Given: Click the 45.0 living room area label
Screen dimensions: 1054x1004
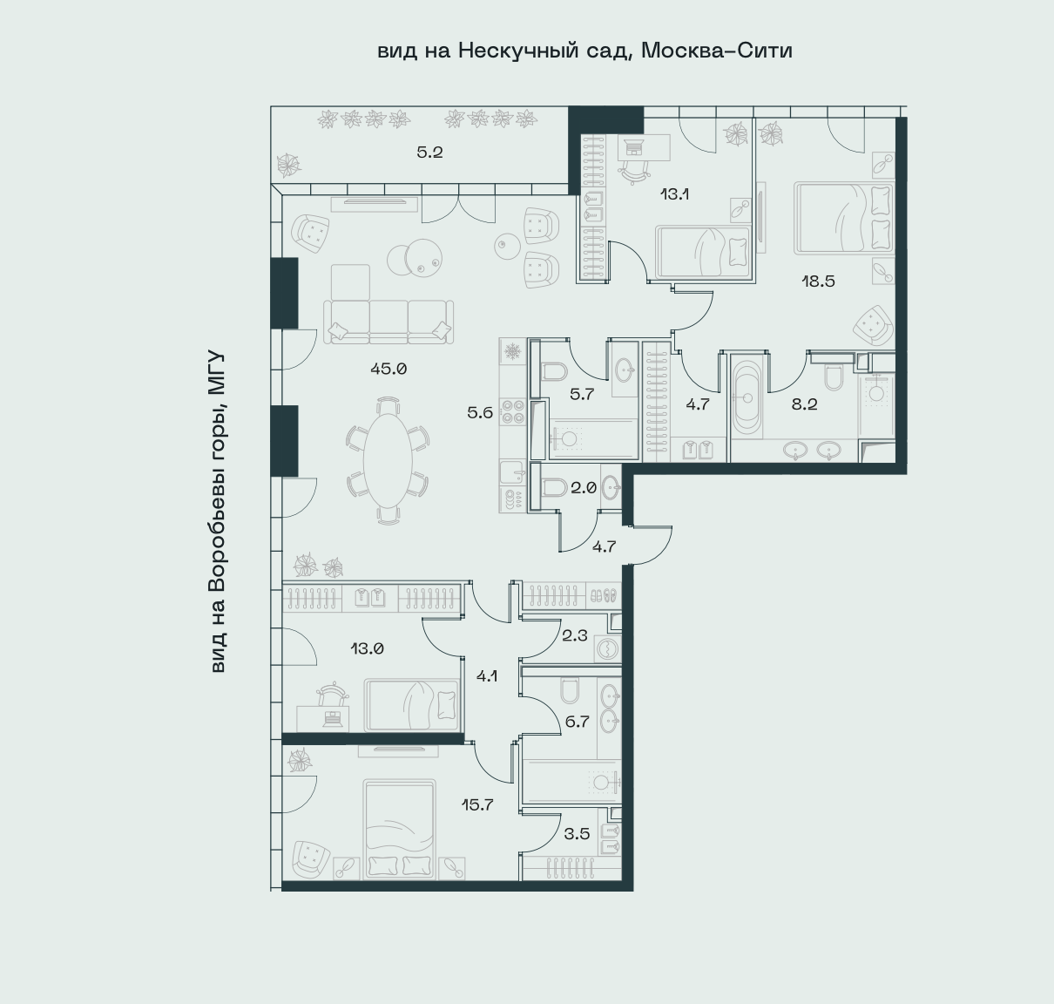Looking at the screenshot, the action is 388,369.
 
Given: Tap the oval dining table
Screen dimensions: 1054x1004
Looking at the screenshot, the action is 388,458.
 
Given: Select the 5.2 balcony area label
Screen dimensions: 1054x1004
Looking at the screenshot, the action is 429,153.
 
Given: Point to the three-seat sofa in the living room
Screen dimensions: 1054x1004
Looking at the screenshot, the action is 388,322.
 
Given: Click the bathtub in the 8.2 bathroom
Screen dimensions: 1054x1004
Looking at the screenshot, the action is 747,398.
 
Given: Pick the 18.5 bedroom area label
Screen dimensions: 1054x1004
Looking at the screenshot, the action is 818,282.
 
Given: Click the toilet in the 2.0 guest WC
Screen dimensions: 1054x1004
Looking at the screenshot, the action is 554,487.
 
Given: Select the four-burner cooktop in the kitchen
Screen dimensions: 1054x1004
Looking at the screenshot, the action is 513,412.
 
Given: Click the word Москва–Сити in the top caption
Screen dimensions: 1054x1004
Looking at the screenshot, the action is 717,51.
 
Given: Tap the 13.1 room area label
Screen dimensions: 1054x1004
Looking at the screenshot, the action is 674,194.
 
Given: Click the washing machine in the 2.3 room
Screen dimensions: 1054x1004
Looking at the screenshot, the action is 607,649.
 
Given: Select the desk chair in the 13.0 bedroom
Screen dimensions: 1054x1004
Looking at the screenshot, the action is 333,694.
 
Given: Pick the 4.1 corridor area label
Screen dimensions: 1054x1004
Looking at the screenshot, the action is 487,676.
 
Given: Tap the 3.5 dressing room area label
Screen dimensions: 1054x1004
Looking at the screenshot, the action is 577,834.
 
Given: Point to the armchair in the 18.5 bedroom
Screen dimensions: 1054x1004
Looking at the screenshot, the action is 874,325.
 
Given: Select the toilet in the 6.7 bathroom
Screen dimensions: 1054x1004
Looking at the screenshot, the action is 569,689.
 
